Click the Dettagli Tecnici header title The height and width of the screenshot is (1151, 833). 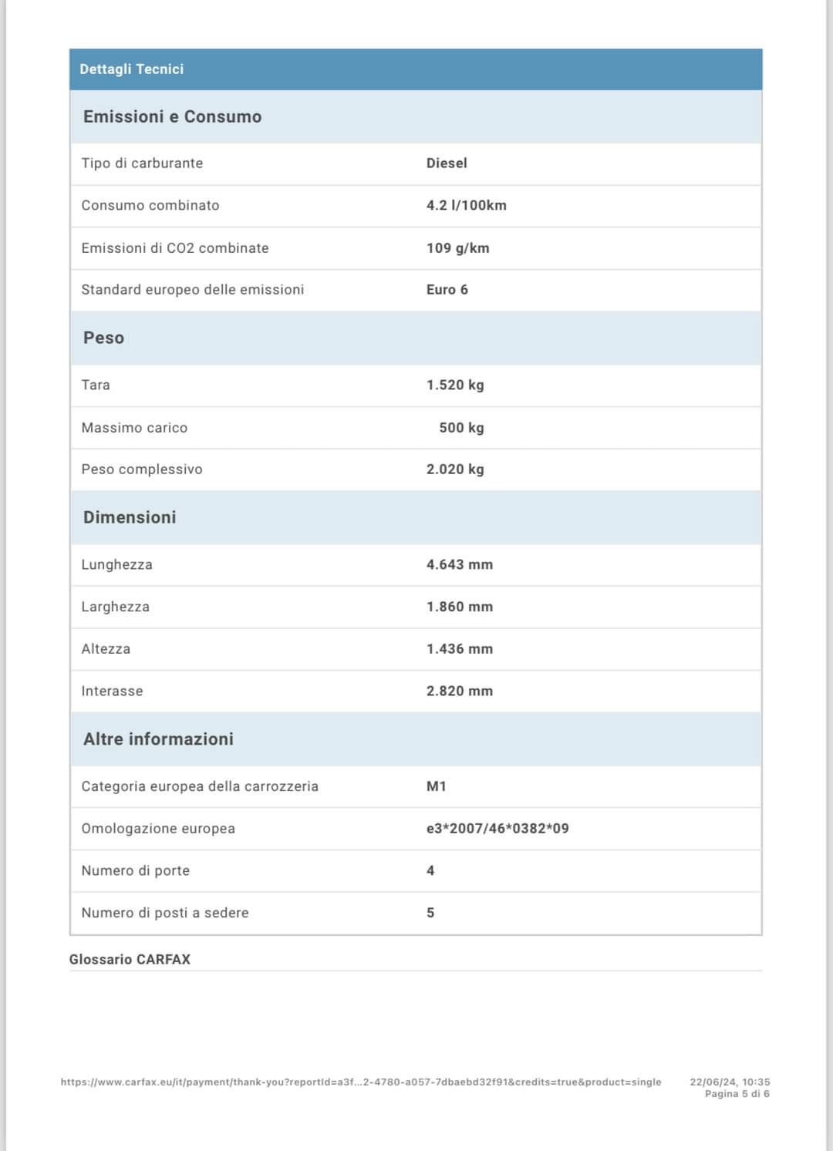tap(131, 69)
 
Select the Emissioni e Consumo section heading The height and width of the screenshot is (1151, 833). tap(172, 116)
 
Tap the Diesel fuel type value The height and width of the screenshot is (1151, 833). tap(447, 163)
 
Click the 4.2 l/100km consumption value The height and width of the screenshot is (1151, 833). tap(466, 205)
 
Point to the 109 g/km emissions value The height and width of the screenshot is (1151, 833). tap(457, 248)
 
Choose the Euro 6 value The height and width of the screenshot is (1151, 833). tap(447, 290)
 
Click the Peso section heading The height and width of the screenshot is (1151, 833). tap(103, 338)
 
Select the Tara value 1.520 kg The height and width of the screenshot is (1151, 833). tap(455, 385)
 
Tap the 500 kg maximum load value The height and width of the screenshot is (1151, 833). tap(461, 428)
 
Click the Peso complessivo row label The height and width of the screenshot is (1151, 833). tap(142, 469)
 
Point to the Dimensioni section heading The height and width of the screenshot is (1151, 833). tap(130, 517)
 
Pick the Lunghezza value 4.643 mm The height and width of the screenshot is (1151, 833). tap(459, 564)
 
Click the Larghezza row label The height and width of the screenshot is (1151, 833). tap(116, 607)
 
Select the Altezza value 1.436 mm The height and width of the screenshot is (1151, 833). tap(459, 649)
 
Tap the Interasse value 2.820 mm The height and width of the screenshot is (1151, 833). tap(459, 692)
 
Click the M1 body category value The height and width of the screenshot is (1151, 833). tap(436, 786)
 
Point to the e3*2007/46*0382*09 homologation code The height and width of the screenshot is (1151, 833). tap(497, 829)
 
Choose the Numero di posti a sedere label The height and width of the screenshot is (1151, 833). tap(165, 913)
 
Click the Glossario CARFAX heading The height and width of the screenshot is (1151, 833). tap(130, 960)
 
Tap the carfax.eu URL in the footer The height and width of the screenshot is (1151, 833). tap(361, 1082)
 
